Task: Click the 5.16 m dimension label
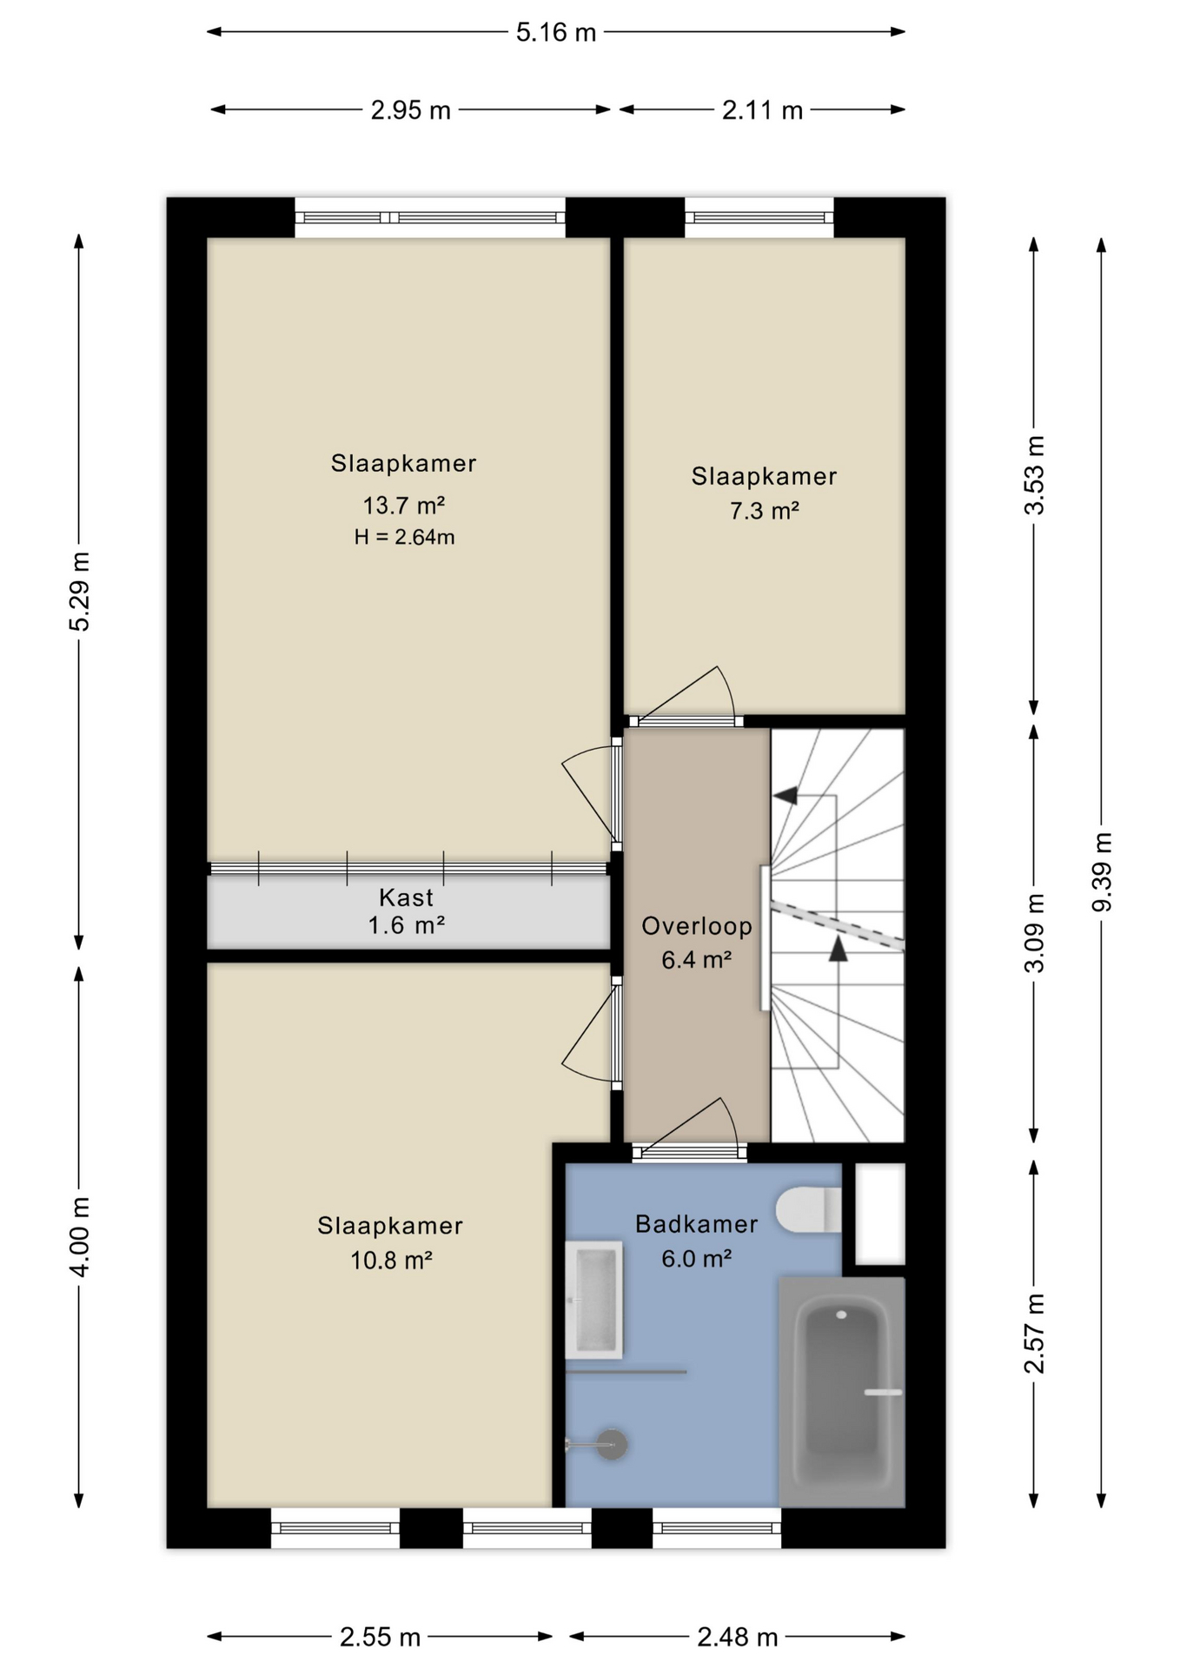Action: pos(556,32)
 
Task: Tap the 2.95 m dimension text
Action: pos(411,110)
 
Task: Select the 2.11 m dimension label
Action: pos(762,110)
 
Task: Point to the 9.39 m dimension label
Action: pos(1102,871)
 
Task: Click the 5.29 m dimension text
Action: pos(79,592)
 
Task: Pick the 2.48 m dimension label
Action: pos(737,1637)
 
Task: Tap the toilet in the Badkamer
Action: pos(808,1209)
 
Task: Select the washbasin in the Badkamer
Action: pos(593,1300)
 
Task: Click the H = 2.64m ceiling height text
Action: pos(404,537)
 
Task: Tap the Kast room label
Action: pos(406,897)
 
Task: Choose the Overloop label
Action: pos(697,926)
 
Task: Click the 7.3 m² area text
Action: pos(764,510)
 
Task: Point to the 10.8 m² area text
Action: pos(391,1260)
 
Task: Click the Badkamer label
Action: pos(697,1224)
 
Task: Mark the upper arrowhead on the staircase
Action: pos(785,795)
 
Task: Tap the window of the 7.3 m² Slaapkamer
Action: pos(759,218)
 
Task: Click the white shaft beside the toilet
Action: pos(880,1214)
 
